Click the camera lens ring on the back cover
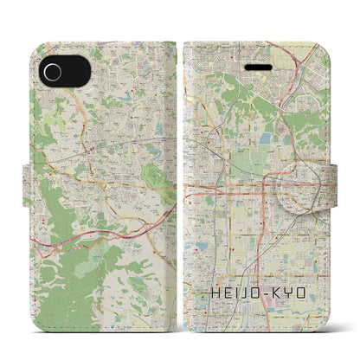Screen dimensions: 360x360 55,70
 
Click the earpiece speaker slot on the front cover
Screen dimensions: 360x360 256,66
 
